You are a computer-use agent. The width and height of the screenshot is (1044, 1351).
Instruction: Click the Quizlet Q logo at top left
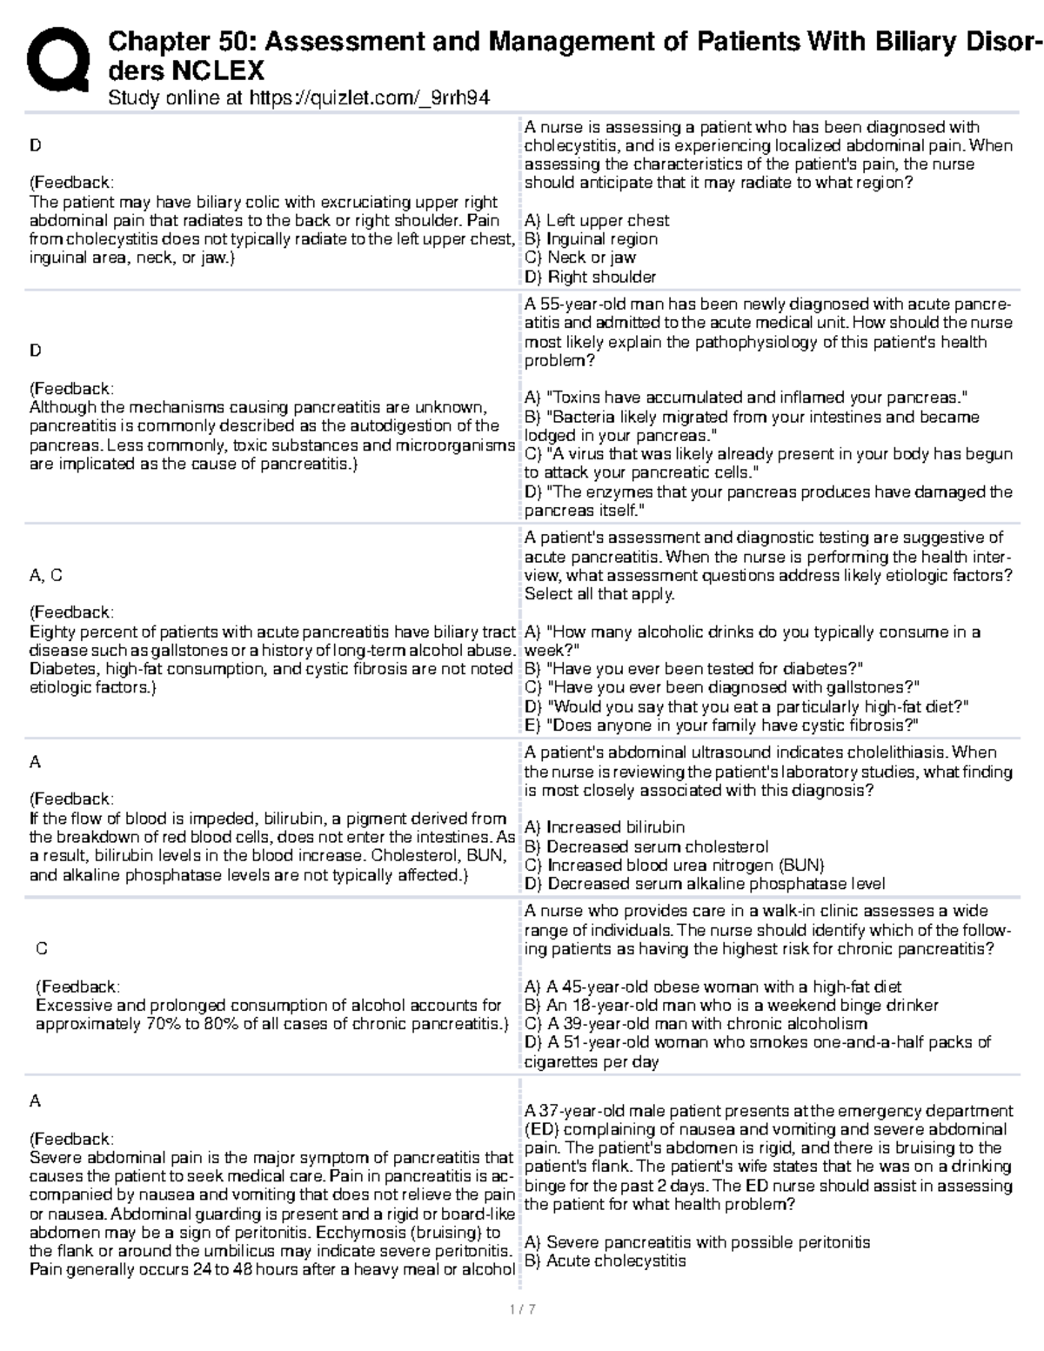(x=58, y=58)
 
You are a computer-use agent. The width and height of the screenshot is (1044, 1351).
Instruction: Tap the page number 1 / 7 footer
(x=522, y=1309)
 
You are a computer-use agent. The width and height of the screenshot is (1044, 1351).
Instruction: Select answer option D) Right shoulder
(x=590, y=277)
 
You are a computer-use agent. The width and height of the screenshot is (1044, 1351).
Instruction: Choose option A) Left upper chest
(x=596, y=220)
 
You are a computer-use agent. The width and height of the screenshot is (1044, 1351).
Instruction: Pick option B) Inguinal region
(x=591, y=239)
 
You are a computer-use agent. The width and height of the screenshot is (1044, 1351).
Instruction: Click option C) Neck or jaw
(x=579, y=257)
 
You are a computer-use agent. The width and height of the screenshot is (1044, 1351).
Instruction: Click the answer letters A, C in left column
(x=45, y=575)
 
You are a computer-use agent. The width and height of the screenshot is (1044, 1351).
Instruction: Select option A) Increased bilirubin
(x=604, y=827)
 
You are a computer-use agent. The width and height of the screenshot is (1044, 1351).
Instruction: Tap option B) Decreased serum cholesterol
(x=646, y=846)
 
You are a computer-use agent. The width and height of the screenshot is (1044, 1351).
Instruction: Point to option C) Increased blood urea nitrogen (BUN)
(x=673, y=865)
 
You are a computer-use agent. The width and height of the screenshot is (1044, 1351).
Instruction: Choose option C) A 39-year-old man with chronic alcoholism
(x=695, y=1024)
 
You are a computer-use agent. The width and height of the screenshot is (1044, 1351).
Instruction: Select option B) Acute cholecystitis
(x=605, y=1261)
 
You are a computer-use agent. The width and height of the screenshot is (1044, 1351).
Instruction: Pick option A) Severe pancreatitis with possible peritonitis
(x=697, y=1242)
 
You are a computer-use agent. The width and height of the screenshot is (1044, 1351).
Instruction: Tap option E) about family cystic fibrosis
(x=721, y=726)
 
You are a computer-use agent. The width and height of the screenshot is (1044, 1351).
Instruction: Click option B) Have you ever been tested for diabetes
(x=693, y=669)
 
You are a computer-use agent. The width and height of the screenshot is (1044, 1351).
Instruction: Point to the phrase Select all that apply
(x=599, y=594)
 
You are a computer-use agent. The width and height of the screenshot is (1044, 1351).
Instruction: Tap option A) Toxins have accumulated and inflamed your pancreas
(x=746, y=398)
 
